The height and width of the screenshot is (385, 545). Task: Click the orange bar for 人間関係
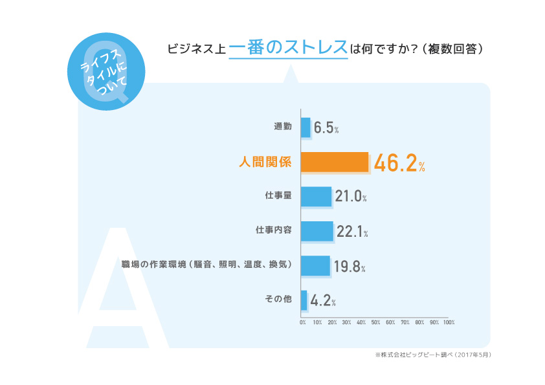tap(335, 162)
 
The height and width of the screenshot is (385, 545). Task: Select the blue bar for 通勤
tap(306, 127)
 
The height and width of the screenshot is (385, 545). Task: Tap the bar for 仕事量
tap(316, 197)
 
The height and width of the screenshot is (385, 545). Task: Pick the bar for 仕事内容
tap(317, 231)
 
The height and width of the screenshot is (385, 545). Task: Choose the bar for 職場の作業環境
tap(315, 265)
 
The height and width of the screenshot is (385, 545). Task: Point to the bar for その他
tap(304, 300)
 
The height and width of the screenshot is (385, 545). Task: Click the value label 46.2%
tap(399, 164)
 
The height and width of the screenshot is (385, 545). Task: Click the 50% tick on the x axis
tap(375, 322)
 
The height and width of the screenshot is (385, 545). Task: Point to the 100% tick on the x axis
tap(449, 322)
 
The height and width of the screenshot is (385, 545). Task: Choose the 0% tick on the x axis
tap(302, 322)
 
